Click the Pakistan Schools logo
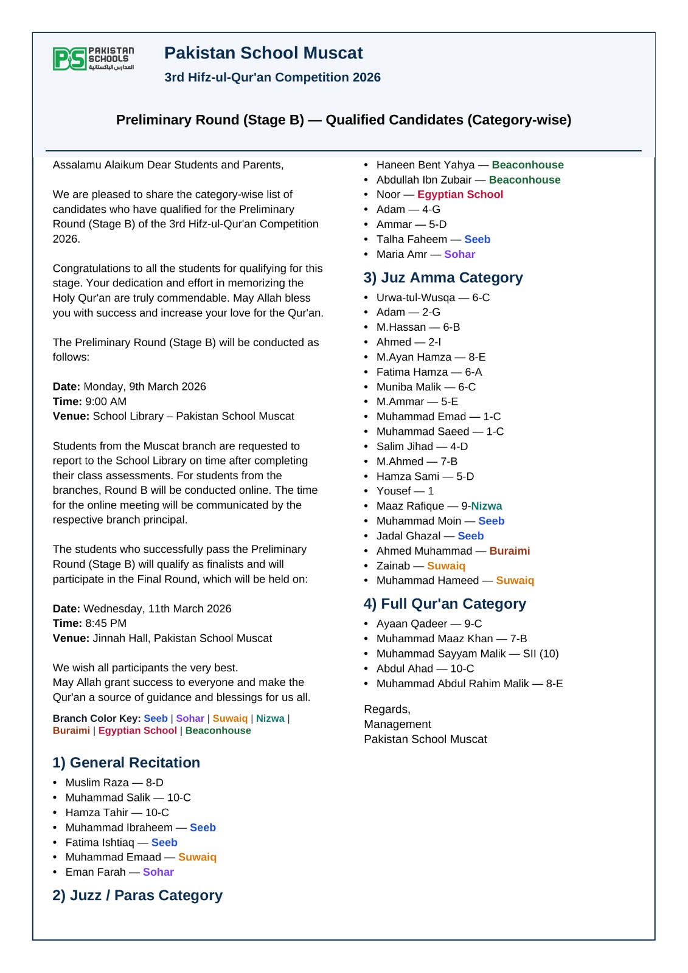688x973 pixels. coord(93,59)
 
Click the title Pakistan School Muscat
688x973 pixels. coord(263,54)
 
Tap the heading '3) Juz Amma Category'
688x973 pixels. coord(443,278)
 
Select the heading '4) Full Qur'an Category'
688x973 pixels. coord(445,604)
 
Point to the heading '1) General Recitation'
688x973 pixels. coord(126,763)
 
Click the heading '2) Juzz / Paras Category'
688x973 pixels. coord(137,895)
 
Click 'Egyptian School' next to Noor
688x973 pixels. coord(460,195)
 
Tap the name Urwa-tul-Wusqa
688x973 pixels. coord(415,297)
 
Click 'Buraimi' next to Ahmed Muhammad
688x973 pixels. coord(509,551)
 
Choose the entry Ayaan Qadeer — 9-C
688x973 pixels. coord(429,624)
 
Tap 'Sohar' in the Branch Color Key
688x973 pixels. coord(190,718)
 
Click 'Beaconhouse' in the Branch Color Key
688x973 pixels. coord(218,730)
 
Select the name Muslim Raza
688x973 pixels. coord(97,783)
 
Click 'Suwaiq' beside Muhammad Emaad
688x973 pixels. coord(197,857)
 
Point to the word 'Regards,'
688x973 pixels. coord(387,710)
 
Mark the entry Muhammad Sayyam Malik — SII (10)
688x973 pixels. coord(467,654)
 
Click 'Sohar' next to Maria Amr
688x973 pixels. coord(459,254)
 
